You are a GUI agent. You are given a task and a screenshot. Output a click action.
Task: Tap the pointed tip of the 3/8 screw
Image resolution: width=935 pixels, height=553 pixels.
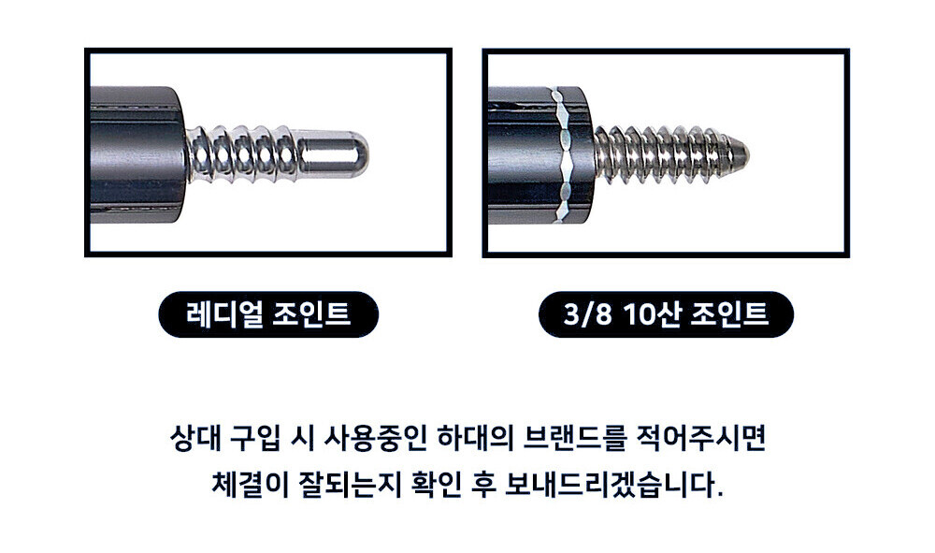749,155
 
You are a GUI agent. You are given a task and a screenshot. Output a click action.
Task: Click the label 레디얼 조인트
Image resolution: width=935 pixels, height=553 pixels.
268,314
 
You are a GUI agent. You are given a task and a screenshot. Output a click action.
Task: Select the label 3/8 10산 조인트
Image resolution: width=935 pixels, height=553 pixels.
666,314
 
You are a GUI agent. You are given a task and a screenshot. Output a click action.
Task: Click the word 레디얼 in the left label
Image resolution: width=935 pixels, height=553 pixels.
224,313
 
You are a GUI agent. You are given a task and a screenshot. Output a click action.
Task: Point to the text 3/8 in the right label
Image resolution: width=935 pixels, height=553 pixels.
588,314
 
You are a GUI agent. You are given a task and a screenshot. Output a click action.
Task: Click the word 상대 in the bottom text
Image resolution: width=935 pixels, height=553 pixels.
194,439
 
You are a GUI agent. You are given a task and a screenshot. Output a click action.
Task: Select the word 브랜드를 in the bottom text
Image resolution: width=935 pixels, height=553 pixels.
574,439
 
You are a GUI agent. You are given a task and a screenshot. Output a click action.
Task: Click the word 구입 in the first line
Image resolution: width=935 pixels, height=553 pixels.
254,439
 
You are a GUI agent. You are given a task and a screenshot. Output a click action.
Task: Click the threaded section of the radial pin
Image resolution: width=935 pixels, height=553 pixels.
241,154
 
